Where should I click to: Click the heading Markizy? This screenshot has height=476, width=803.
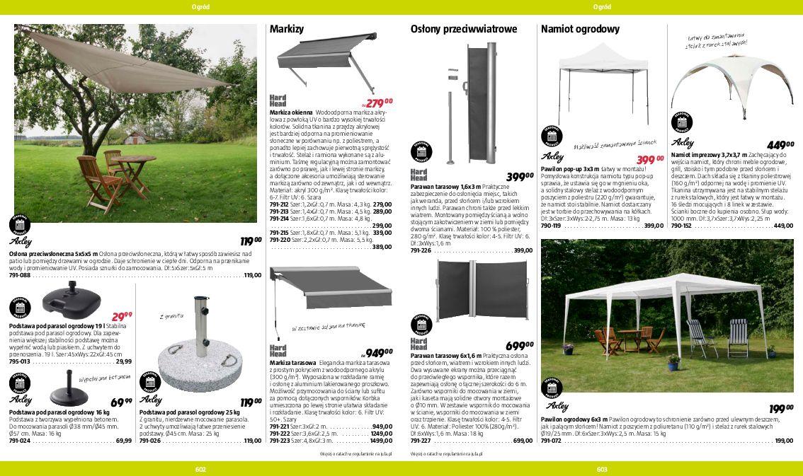click(287, 30)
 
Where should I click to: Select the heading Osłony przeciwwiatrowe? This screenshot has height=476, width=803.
click(463, 30)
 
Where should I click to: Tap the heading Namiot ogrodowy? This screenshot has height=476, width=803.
click(580, 30)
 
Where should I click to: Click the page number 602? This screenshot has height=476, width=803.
click(200, 469)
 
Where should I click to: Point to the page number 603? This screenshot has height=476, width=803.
click(603, 469)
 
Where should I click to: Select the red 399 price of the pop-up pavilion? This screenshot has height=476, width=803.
click(649, 160)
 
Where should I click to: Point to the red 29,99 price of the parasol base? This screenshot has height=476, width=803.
click(121, 318)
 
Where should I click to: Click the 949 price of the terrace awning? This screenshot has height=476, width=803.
click(378, 352)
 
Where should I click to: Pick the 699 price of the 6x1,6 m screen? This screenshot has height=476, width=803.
click(519, 346)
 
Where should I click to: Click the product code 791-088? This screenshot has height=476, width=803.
click(20, 276)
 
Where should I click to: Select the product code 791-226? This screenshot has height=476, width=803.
click(421, 250)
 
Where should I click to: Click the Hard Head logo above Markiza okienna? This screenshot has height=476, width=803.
click(278, 101)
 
